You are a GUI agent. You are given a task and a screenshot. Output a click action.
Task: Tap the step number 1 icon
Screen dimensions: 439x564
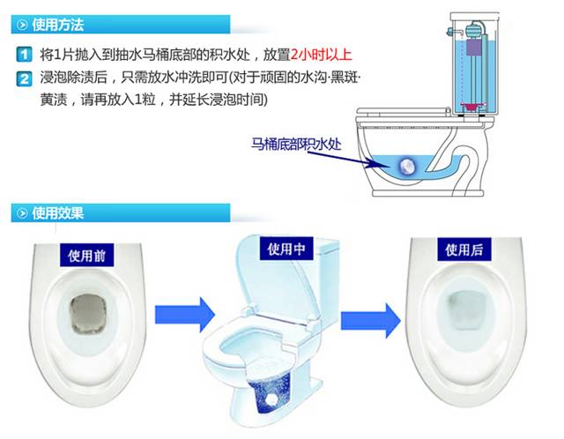26,55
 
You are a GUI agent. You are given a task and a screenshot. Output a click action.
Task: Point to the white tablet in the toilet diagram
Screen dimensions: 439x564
407,166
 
